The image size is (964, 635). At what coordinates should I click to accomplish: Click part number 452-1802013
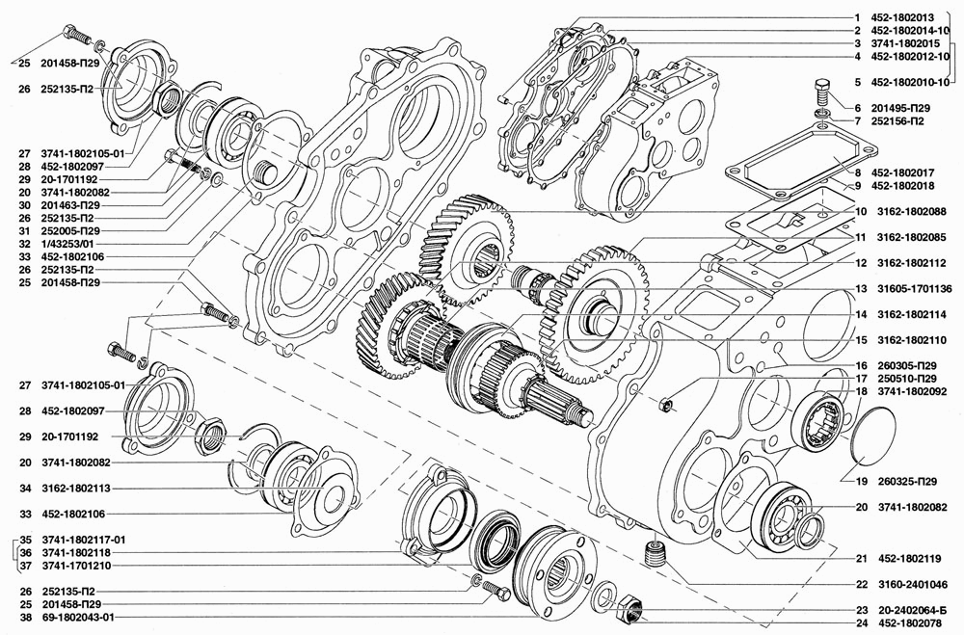point(902,18)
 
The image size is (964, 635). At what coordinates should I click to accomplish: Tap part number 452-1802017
point(902,172)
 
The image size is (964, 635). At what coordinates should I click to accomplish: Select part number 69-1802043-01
point(77,617)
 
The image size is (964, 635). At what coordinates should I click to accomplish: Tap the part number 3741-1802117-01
point(84,540)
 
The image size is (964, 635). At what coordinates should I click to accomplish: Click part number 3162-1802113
point(76,489)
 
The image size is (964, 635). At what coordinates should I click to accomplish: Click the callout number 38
point(25,617)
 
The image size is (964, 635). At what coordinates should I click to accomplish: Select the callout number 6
point(858,108)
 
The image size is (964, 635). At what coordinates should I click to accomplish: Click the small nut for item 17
point(667,405)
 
